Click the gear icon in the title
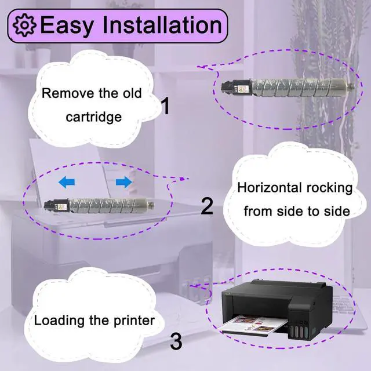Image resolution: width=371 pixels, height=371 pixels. [24, 26]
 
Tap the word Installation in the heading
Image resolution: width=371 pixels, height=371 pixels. [164, 26]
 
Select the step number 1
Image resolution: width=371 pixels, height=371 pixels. [165, 106]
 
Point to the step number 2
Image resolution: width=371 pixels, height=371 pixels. [207, 206]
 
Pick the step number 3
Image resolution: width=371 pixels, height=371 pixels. [176, 341]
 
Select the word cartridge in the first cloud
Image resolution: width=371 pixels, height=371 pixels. [93, 117]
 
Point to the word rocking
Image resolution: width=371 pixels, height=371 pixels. [329, 188]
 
